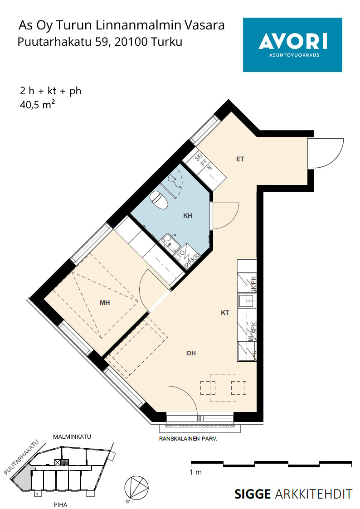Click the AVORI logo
292,45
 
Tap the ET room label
240,159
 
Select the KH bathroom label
188,216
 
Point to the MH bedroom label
105,303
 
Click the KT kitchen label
225,313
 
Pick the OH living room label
191,353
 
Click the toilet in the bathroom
159,200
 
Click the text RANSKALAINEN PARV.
188,439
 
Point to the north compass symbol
136,487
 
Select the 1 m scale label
196,472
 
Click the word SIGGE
253,494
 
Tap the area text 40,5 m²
37,105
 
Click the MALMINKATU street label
72,436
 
